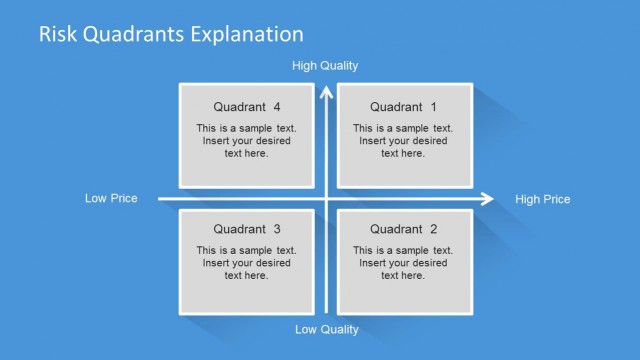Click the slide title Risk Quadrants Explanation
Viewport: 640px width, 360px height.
coord(171,34)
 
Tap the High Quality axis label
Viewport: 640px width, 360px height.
coord(325,66)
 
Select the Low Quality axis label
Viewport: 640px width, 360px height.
coord(326,329)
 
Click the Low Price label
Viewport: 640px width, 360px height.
coord(111,199)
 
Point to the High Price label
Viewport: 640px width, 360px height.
coord(542,199)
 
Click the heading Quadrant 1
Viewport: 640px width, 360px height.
coord(403,107)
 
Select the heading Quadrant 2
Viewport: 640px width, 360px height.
coord(403,229)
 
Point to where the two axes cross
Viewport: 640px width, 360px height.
coord(325,198)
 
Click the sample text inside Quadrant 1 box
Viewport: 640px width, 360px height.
coord(403,141)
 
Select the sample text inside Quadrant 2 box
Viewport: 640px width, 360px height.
coord(403,263)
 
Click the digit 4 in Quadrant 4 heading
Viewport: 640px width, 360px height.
coord(277,107)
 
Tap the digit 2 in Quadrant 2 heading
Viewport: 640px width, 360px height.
coord(433,229)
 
